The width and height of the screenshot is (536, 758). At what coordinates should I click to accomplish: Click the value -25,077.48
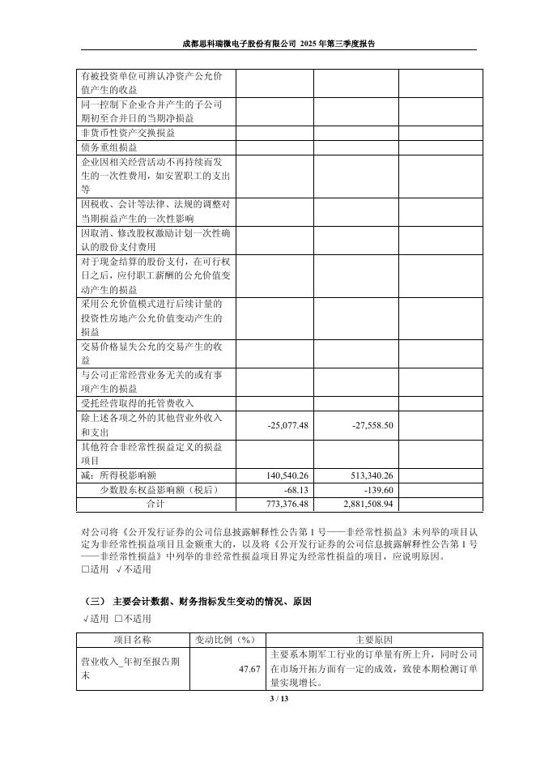coord(287,425)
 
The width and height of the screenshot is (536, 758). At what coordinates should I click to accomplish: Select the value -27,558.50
coord(372,425)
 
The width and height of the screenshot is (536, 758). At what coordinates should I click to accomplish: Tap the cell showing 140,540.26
coord(287,476)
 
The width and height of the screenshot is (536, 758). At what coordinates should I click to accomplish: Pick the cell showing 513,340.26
coord(372,476)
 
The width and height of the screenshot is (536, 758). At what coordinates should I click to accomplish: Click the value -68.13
coord(296,490)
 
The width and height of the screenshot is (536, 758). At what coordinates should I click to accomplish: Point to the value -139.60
coord(379,490)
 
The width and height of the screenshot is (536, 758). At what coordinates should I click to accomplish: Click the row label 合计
coord(155,504)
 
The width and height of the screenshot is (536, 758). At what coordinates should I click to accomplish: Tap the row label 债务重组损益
coord(109,148)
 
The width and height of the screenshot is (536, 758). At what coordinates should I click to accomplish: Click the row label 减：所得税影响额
coord(122,476)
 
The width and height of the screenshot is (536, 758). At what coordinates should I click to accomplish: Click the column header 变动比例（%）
coord(228,639)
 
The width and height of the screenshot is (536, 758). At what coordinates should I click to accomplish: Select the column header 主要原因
coord(374,639)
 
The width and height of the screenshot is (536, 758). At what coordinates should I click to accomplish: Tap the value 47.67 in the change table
coord(249,669)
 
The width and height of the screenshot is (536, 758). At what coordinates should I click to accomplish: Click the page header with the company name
coord(279,44)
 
